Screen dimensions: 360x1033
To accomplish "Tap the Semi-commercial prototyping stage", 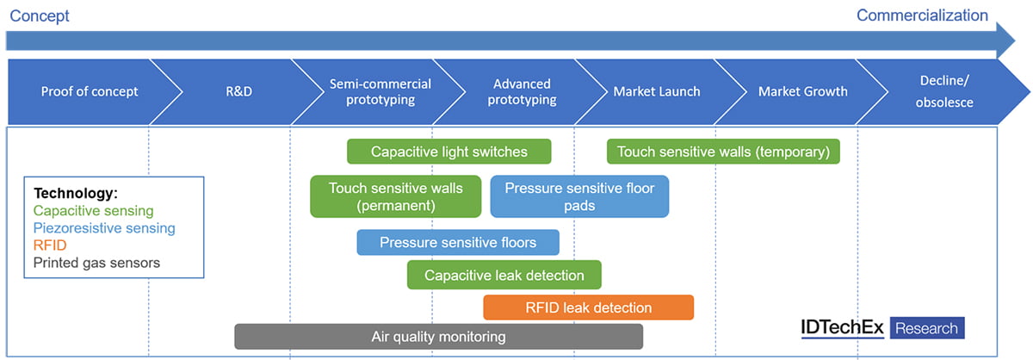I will [380, 92].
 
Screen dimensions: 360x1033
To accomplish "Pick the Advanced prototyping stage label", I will [522, 92].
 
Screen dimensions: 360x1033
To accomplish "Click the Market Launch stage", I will [656, 92].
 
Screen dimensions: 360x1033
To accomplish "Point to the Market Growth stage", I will [802, 92].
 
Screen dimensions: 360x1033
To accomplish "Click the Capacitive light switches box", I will [448, 152].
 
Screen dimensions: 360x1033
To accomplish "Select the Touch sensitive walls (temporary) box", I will [723, 152].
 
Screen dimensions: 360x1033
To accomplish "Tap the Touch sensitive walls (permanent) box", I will [396, 196].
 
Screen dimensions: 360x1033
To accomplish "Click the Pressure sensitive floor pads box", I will [579, 196].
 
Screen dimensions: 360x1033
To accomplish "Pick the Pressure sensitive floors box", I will [458, 242].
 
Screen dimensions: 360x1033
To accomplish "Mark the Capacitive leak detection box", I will [504, 276].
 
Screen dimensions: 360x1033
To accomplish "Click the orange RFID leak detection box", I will [588, 307].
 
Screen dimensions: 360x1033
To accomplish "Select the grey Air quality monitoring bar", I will [438, 337].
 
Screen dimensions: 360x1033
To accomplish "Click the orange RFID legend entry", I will [50, 245].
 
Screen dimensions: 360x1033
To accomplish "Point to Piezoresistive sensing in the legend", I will [104, 228].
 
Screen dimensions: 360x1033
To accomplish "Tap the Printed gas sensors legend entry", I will [96, 263].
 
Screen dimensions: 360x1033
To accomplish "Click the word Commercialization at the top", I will [922, 15].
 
